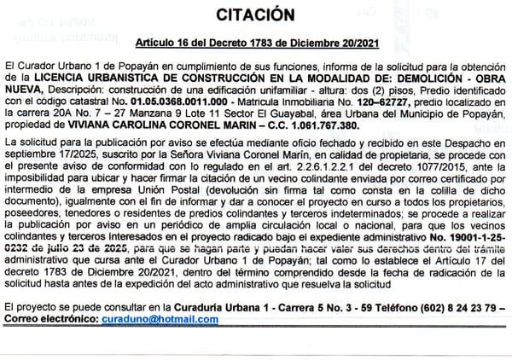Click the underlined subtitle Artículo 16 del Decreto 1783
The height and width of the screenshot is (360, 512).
(255, 41)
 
